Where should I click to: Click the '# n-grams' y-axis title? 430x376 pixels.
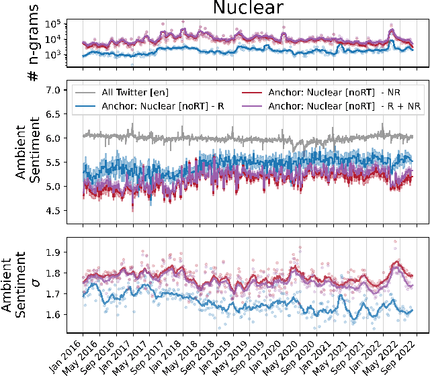(32, 43)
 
